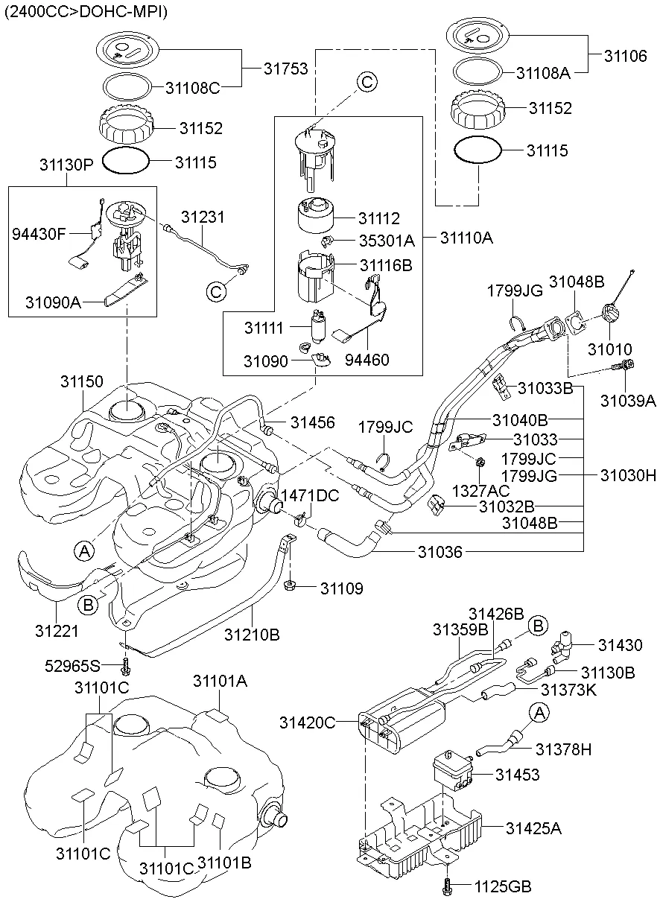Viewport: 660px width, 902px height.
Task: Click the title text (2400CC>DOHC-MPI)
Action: (x=86, y=11)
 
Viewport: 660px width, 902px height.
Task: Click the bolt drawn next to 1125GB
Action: (x=447, y=886)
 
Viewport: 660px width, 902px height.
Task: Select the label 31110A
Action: (x=466, y=238)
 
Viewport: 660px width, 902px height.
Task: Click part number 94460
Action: (x=367, y=360)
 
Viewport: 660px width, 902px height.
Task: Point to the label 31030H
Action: (x=630, y=474)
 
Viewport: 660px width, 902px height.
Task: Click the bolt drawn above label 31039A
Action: (x=624, y=366)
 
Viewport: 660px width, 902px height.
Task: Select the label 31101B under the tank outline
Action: (x=226, y=863)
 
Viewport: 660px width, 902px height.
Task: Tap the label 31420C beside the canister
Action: (x=308, y=722)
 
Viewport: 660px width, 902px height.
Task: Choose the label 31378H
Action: (x=564, y=749)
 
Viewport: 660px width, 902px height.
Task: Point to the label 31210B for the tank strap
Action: (x=252, y=635)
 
